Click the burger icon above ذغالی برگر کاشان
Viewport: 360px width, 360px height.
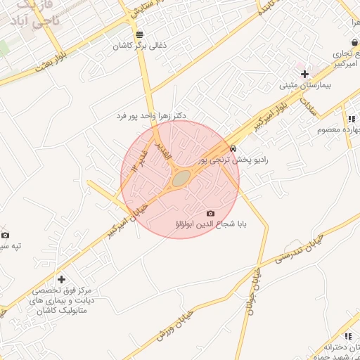[140, 34]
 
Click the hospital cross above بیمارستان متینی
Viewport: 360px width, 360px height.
[304, 73]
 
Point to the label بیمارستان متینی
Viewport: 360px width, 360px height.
[304, 86]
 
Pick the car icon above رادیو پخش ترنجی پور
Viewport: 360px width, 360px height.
[233, 148]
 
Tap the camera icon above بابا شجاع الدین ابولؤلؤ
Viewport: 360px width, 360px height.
[210, 213]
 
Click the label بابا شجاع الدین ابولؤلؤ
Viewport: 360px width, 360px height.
[210, 225]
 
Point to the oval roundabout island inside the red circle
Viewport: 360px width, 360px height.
[181, 179]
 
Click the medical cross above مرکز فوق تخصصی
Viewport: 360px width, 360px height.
[61, 279]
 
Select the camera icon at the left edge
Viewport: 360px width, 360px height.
[6, 235]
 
